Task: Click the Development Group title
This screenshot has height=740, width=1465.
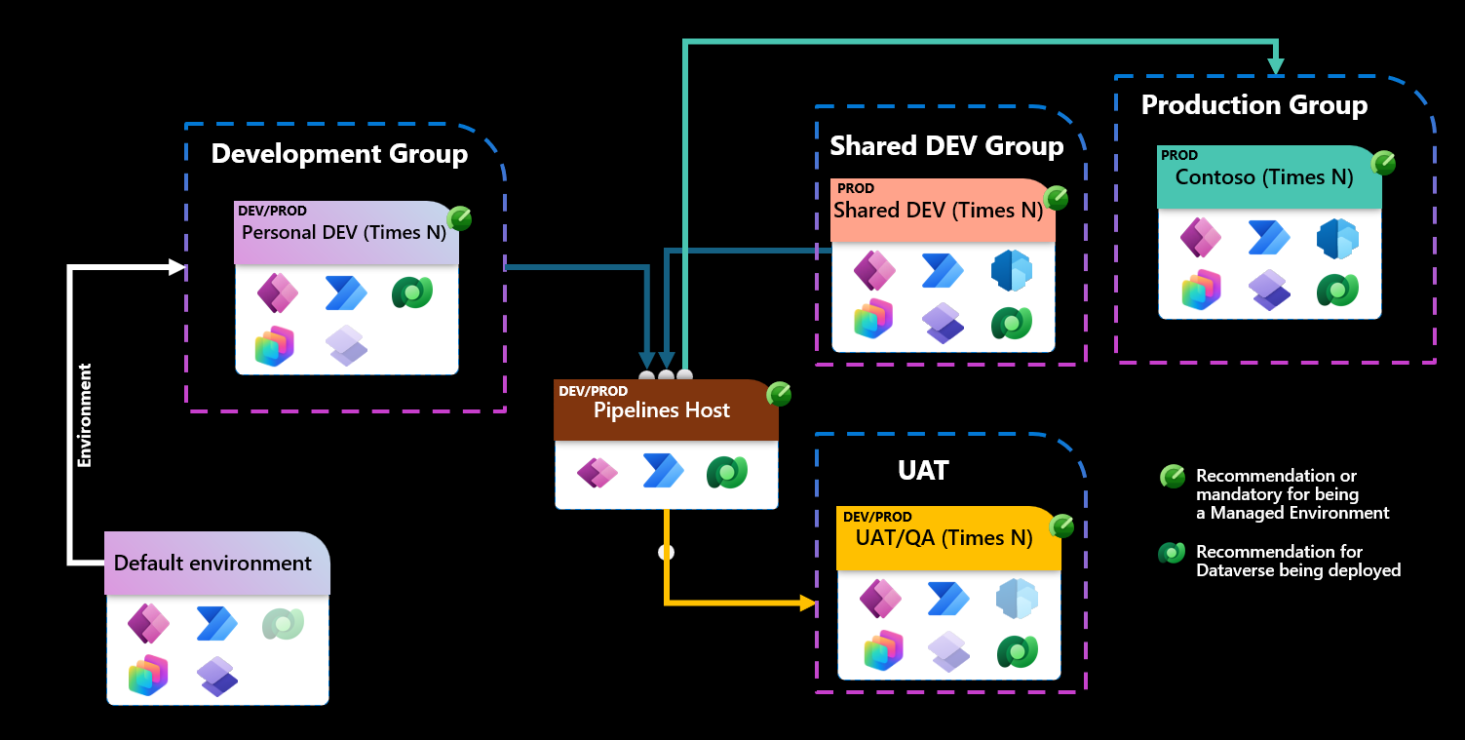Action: pyautogui.click(x=339, y=154)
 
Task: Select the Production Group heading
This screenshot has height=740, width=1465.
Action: pyautogui.click(x=1253, y=105)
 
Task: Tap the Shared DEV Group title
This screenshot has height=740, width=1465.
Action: pyautogui.click(x=946, y=146)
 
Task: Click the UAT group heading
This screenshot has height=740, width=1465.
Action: pyautogui.click(x=922, y=471)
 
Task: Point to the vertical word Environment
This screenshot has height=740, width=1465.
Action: pyautogui.click(x=85, y=415)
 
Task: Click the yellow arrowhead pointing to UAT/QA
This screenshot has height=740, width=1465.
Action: pyautogui.click(x=807, y=604)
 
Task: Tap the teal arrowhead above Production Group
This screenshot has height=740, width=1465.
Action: pyautogui.click(x=1276, y=66)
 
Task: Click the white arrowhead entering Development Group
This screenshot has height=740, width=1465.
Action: pyautogui.click(x=176, y=267)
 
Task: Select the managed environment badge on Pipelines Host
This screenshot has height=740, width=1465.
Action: pyautogui.click(x=779, y=394)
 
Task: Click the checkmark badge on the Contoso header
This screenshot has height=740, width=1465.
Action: pyautogui.click(x=1383, y=163)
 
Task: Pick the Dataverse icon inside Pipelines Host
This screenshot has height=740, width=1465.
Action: pyautogui.click(x=726, y=473)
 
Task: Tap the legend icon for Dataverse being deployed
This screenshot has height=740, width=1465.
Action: pyautogui.click(x=1171, y=553)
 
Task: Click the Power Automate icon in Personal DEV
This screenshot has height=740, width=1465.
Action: pyautogui.click(x=345, y=292)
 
